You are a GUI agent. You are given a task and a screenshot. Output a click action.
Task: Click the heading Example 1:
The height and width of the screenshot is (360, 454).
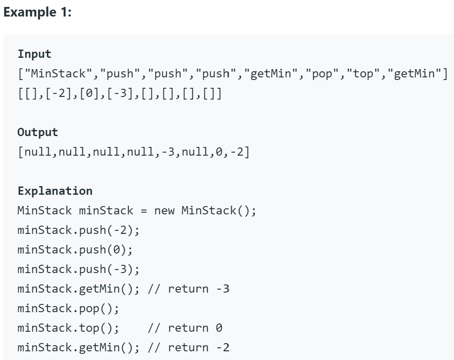click(x=37, y=12)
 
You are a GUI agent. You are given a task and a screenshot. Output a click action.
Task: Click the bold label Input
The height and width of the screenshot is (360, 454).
click(x=34, y=54)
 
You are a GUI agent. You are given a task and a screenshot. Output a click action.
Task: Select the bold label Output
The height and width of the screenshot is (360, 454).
click(x=37, y=132)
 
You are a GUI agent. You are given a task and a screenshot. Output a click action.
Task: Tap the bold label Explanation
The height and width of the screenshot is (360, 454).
click(x=55, y=191)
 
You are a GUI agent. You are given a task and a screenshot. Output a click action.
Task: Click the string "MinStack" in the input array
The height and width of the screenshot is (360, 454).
click(x=58, y=74)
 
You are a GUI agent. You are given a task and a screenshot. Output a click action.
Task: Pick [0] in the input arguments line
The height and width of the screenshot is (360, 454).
click(x=86, y=93)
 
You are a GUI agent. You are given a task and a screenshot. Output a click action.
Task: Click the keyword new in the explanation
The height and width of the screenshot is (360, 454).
click(x=164, y=211)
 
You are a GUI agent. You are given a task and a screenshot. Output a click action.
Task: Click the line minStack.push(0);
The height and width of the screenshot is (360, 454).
click(x=75, y=250)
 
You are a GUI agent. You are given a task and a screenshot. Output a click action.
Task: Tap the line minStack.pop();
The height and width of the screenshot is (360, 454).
click(x=68, y=309)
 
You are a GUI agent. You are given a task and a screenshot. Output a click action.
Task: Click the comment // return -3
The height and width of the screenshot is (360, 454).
click(x=188, y=289)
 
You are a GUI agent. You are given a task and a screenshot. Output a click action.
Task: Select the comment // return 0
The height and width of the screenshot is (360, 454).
click(x=185, y=328)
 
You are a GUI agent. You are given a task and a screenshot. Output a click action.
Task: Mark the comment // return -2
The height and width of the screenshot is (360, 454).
click(x=188, y=348)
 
